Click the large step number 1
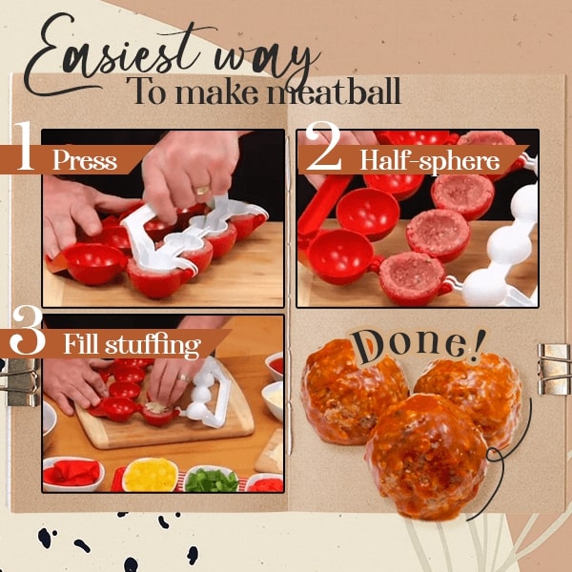[23, 151]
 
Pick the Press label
[85, 159]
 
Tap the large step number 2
[323, 151]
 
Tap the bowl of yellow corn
[151, 473]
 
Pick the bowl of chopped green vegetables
[210, 478]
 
